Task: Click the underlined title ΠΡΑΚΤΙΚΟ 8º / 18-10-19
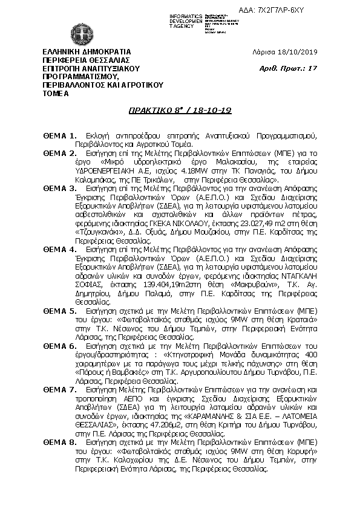point(180,111)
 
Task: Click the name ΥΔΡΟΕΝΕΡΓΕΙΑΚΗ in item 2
point(101,171)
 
